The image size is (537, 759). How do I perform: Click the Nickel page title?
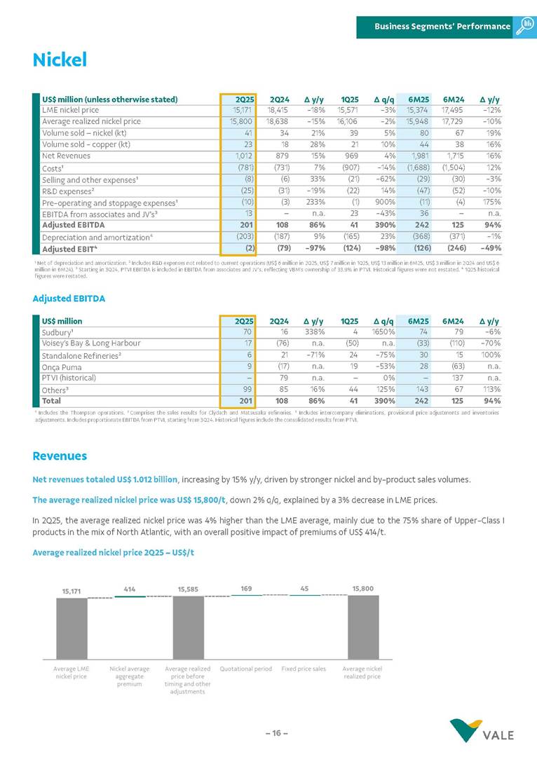pos(60,60)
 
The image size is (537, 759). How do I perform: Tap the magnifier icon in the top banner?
pos(524,26)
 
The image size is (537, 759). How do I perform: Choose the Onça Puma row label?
pos(61,366)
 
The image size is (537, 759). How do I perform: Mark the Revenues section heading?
pos(60,456)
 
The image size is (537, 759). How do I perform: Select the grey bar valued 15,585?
pos(188,627)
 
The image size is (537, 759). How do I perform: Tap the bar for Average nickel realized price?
pos(362,627)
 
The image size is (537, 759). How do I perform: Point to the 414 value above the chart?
pos(130,589)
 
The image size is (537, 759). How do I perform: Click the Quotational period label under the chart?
pos(246,669)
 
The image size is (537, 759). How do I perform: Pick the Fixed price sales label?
pos(304,669)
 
